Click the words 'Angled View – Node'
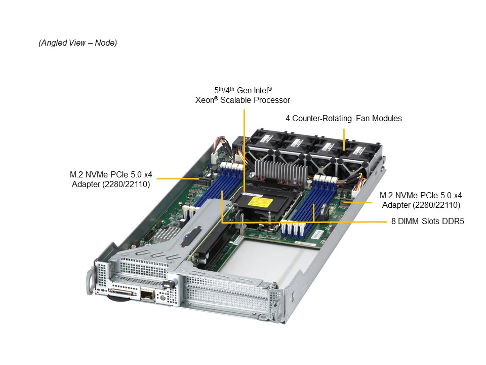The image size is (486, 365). pos(78,43)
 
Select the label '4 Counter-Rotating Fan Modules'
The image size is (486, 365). pos(343,118)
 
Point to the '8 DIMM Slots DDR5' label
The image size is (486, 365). pos(428,222)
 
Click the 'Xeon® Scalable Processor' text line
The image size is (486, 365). pos(242,100)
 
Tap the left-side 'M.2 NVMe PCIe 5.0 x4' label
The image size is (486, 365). pos(111,174)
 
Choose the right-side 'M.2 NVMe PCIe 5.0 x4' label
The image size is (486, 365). pos(421,195)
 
